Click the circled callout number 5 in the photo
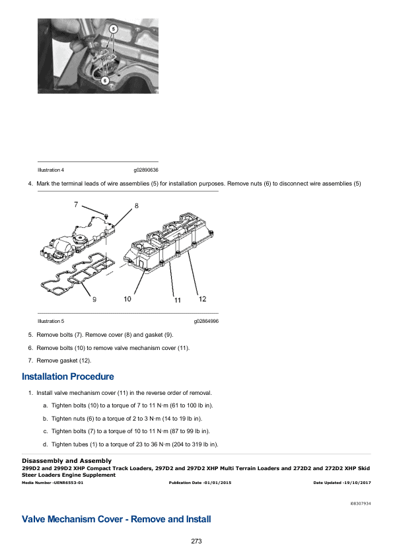113,30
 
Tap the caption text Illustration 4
50,170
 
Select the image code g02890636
146,170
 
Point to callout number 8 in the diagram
137,205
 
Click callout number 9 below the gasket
94,300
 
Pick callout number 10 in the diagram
127,299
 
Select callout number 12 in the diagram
202,300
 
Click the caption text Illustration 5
50,321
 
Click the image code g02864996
206,321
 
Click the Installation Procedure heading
68,377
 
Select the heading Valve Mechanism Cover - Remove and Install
116,519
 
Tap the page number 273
196,541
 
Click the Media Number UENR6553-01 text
53,483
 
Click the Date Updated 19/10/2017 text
341,483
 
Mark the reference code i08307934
360,503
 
